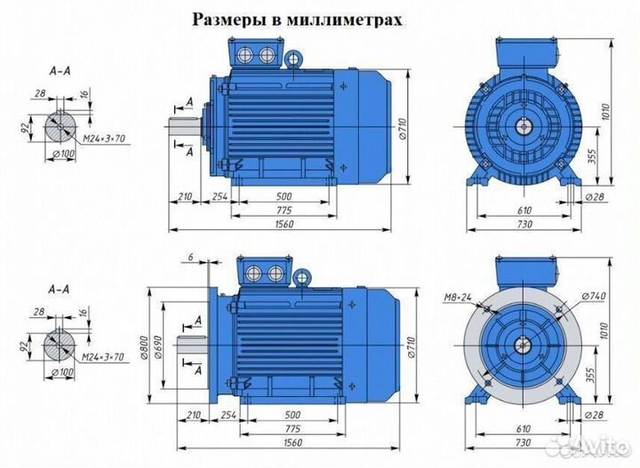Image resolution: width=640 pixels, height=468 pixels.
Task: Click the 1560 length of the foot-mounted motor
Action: click(284, 226)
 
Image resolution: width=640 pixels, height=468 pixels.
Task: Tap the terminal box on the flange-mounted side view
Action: click(261, 272)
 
